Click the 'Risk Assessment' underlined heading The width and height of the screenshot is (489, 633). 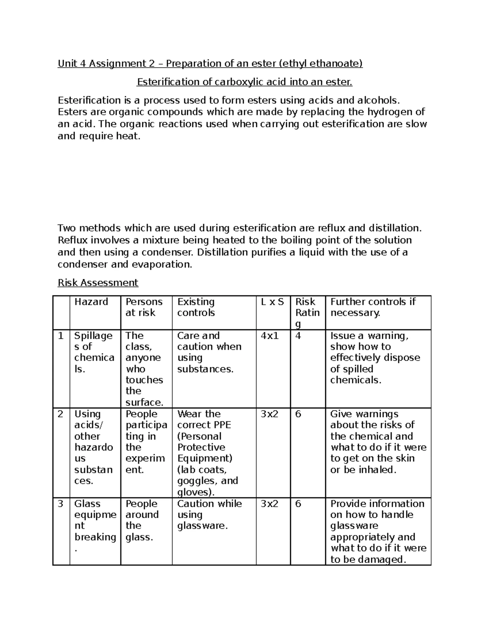point(98,282)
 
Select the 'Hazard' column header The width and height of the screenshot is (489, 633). point(91,302)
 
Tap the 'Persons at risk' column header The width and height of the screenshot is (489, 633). point(144,307)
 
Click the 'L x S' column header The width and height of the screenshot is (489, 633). point(273,302)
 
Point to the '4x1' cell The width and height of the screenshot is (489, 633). point(270,336)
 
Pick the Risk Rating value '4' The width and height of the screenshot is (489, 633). point(298,336)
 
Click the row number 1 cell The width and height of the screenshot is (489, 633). point(61,336)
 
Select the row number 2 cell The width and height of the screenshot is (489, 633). point(61,414)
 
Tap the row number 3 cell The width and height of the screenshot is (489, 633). point(61,504)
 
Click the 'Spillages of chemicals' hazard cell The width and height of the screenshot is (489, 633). point(94,352)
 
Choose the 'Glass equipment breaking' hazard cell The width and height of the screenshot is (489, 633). point(95,526)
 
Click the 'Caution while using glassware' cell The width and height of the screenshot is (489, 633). point(209,514)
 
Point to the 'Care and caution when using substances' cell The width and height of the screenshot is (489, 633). point(209,352)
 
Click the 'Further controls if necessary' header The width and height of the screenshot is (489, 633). point(373,307)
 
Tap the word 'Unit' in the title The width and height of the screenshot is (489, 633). point(66,64)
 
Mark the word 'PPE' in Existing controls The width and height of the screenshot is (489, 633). point(222,425)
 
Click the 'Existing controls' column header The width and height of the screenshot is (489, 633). point(196,307)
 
